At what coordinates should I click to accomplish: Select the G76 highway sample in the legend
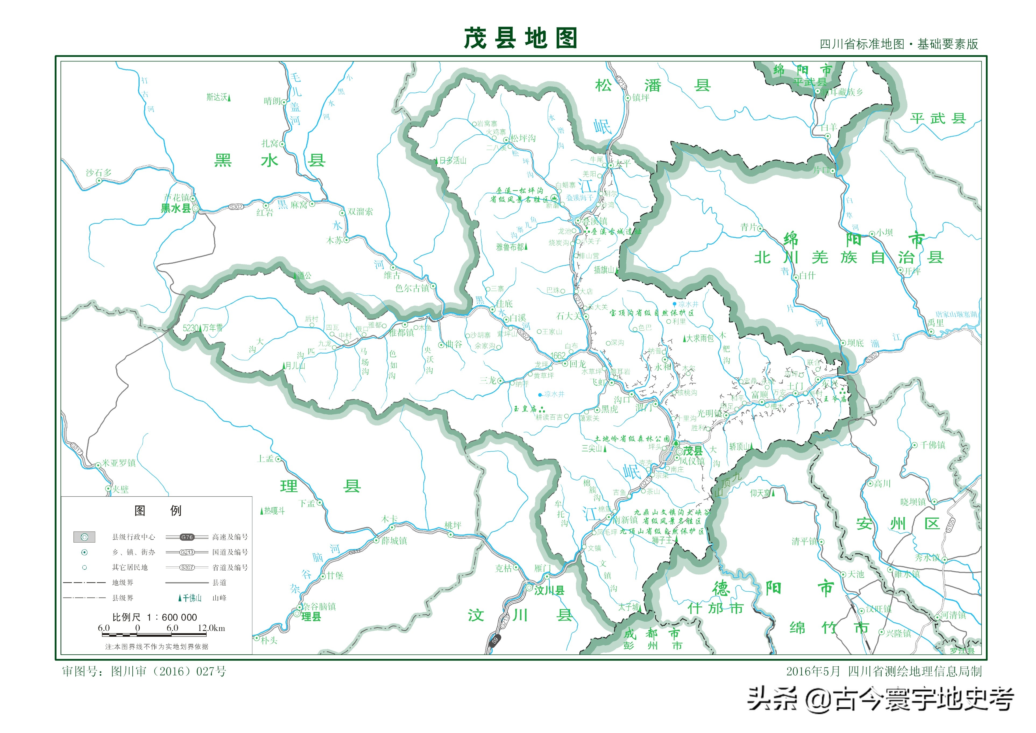pyautogui.click(x=187, y=537)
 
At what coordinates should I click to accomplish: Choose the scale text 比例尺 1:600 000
pyautogui.click(x=154, y=617)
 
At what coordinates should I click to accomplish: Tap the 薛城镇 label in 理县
pyautogui.click(x=394, y=541)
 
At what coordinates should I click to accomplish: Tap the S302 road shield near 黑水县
pyautogui.click(x=236, y=207)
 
